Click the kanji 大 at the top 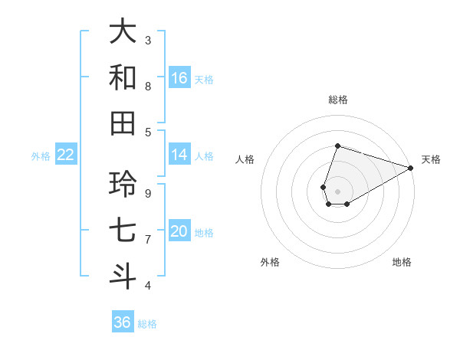123,32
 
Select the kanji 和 123,77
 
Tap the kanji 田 123,123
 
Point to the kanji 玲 123,185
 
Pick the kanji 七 123,231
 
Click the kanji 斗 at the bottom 123,277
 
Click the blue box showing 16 179,78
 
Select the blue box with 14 179,155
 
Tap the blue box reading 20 179,231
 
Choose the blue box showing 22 65,155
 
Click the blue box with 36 123,322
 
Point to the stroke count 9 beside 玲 148,193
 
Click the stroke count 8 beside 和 148,86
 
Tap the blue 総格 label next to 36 147,324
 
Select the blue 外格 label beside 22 41,156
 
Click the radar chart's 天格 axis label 431,159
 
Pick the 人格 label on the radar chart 245,159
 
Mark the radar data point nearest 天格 410,168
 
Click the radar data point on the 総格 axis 337,146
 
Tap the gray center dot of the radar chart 337,191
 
